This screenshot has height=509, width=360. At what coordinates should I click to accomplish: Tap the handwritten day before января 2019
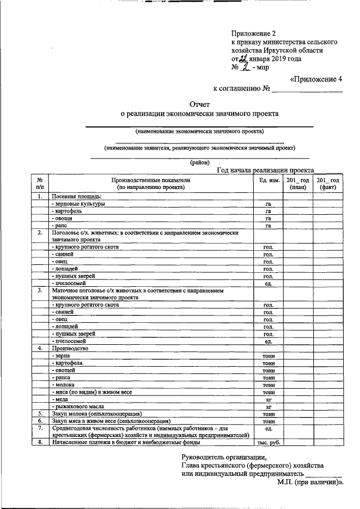(243, 58)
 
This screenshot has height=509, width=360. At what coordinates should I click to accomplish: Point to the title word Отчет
(199, 104)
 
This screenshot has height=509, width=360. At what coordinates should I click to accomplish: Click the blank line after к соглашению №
(307, 89)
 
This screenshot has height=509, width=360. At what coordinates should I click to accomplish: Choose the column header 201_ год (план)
(298, 183)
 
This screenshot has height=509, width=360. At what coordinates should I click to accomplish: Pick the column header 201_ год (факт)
(328, 183)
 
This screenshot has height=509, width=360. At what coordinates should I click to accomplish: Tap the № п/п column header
(40, 183)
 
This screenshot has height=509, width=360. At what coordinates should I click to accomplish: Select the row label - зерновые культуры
(78, 204)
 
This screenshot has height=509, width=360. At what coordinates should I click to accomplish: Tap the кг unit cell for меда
(269, 399)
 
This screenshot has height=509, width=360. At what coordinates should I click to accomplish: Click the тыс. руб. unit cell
(269, 442)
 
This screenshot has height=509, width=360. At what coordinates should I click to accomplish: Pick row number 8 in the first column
(40, 442)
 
